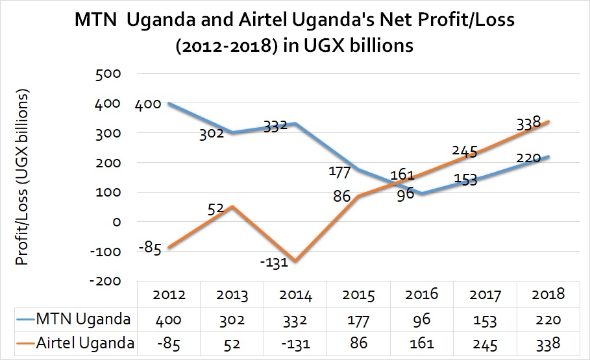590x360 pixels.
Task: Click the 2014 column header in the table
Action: point(295,296)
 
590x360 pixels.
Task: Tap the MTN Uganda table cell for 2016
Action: point(422,319)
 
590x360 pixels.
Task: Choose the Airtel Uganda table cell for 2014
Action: point(295,342)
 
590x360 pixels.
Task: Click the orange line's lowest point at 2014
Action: point(296,261)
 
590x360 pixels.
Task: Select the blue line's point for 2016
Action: point(423,193)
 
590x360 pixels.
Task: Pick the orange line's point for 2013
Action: point(232,206)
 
